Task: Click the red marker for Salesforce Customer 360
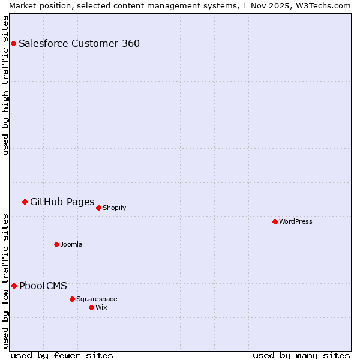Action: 13,43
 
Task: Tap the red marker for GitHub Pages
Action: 25,202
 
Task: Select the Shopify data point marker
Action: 98,208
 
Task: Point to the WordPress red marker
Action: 275,221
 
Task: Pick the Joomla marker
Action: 56,244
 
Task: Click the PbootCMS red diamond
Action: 14,286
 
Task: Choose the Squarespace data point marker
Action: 72,299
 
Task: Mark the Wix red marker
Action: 91,307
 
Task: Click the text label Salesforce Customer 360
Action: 79,43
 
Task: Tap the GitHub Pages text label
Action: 62,202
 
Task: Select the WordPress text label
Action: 296,221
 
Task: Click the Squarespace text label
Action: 97,299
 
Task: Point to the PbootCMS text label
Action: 43,286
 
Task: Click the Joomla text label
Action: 71,244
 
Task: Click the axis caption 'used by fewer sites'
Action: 62,355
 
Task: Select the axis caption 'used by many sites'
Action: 301,355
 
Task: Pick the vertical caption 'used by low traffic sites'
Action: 6,280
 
